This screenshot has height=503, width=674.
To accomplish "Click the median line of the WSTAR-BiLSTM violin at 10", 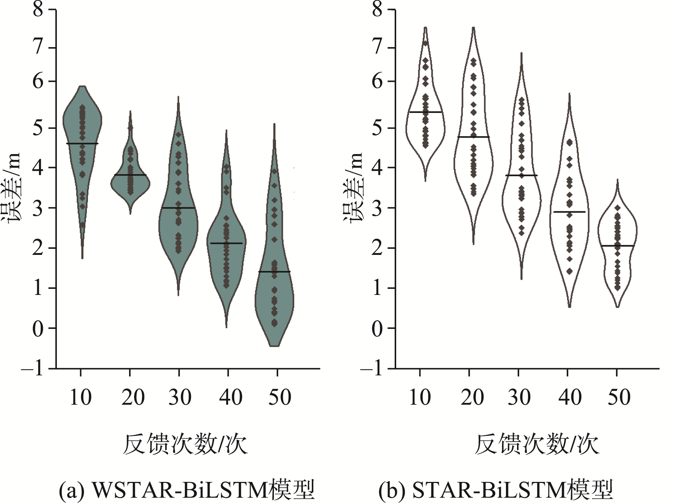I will pos(82,143).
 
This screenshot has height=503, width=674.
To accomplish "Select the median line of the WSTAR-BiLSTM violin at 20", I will pos(131,175).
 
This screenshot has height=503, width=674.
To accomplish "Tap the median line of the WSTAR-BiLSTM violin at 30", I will pos(178,208).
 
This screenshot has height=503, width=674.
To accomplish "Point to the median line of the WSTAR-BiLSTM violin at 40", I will pos(226,243).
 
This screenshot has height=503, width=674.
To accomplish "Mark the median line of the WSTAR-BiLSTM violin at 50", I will pos(274,272).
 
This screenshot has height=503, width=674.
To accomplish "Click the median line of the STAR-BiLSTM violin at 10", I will pos(425,112).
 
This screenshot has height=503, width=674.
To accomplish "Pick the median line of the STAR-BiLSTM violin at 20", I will pos(473,137).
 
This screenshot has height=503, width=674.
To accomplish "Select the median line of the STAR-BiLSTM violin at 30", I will pos(521,175).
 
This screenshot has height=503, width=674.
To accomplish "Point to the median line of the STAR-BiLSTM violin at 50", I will pos(617,246).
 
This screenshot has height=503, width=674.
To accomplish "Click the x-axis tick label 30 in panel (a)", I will pos(180,397).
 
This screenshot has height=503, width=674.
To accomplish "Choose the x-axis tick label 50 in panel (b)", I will pos(619,397).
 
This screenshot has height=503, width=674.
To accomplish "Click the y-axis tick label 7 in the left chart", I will pos(39,48).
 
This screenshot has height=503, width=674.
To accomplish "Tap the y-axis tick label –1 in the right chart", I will pos(372,368).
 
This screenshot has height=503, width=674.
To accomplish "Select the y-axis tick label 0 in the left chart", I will pos(38,329).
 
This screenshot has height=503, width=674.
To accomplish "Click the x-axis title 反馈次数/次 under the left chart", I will pos(185,445).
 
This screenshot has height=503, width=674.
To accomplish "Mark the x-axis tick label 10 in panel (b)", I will pos(420,397).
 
